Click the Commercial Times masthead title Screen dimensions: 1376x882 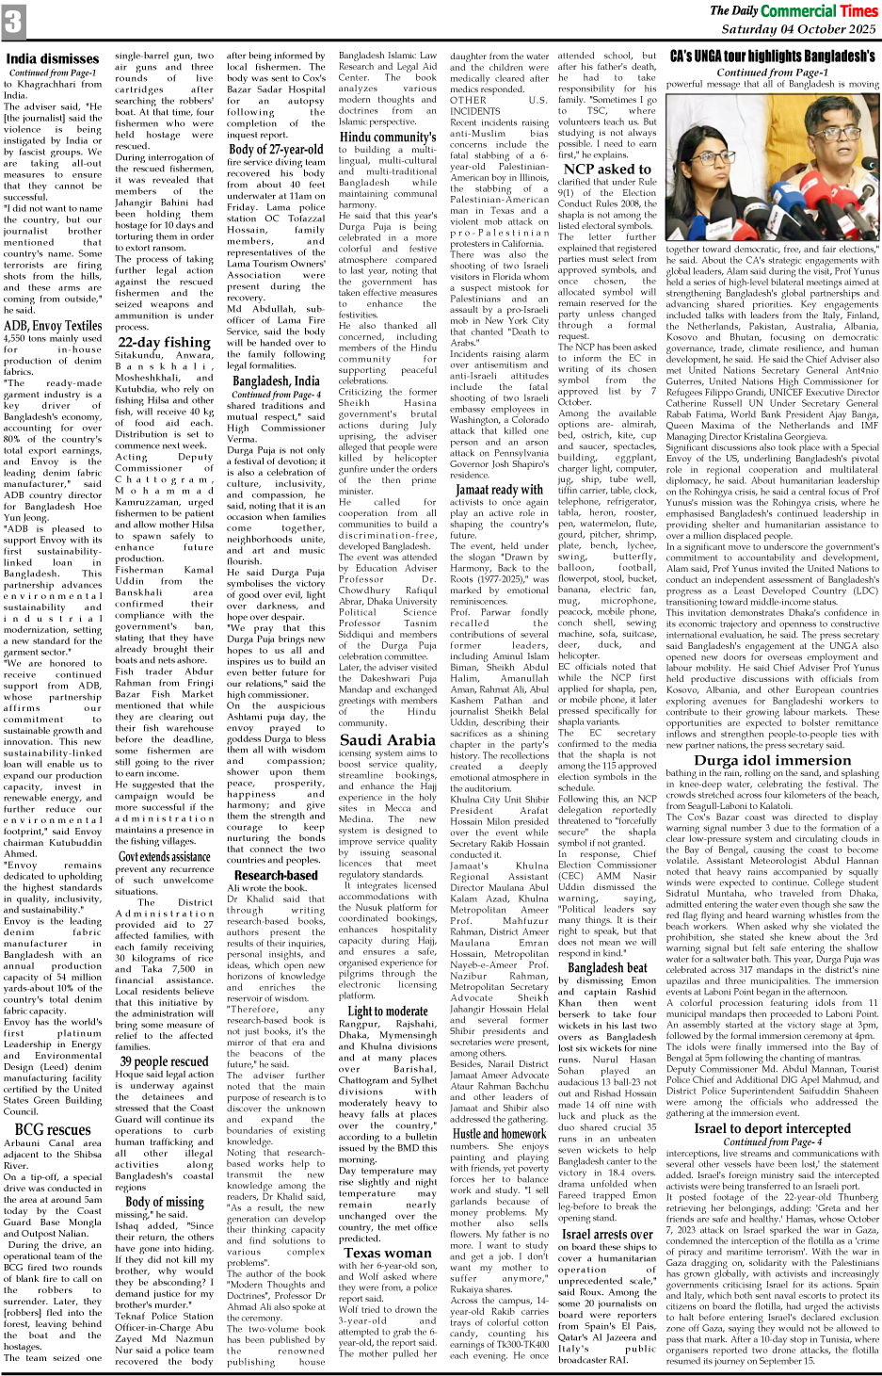[x=818, y=10]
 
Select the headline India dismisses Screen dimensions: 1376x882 [x=53, y=58]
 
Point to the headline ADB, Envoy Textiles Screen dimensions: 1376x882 [x=53, y=325]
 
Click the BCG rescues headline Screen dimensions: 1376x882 [x=53, y=1128]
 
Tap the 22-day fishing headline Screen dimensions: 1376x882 [x=164, y=342]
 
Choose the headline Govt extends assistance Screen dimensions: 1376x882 [x=164, y=856]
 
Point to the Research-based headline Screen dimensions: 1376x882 [x=276, y=875]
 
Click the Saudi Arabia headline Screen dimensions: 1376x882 [x=387, y=739]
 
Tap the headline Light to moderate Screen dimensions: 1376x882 [x=387, y=1011]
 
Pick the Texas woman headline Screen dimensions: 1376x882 [x=387, y=1252]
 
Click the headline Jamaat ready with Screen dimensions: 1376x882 [x=499, y=489]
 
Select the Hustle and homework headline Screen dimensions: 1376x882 [x=499, y=1133]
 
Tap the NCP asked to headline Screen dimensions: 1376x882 [x=600, y=170]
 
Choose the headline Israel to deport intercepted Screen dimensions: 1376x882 [x=772, y=1127]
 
